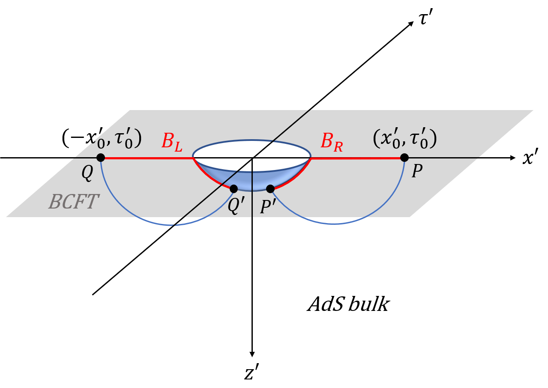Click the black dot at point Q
click(101, 158)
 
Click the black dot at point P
click(404, 158)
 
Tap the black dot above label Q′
click(234, 189)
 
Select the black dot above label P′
click(270, 189)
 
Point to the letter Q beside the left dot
click(87, 173)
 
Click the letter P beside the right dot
click(416, 172)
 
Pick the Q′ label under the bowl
click(236, 206)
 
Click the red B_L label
click(172, 142)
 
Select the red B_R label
click(332, 142)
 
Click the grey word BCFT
click(73, 202)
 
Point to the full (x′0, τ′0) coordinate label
click(404, 139)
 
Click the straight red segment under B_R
click(356, 158)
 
